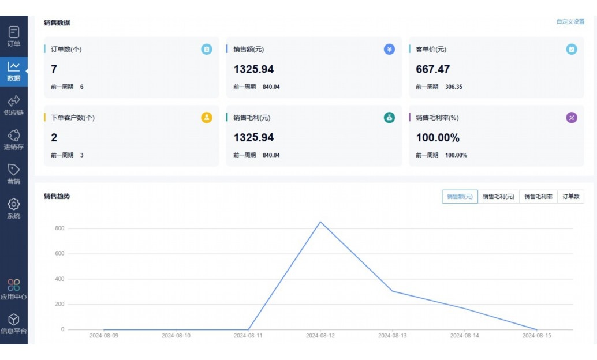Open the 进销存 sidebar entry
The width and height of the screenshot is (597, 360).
coord(14,139)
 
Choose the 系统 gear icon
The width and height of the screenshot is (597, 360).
coord(14,204)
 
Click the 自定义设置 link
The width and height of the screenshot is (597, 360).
coord(570,22)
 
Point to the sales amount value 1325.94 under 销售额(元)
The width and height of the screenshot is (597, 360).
coord(253,69)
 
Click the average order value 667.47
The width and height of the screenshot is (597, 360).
coord(432,69)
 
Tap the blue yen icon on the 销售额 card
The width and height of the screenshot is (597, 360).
coord(389,50)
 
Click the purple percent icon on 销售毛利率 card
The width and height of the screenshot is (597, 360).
coord(572,118)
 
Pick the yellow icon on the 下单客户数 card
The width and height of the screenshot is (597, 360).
coord(207,118)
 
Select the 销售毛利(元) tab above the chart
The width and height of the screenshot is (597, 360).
coord(498,197)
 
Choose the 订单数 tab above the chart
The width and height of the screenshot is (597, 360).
coord(570,197)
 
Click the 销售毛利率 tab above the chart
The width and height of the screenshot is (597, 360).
coord(538,197)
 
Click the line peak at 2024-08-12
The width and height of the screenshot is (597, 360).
coord(320,222)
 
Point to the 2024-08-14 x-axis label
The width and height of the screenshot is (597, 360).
coord(465,335)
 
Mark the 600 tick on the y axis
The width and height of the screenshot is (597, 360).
coord(59,254)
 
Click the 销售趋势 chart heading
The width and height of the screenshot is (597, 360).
coord(57,196)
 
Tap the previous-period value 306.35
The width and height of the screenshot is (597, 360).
coord(454,87)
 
